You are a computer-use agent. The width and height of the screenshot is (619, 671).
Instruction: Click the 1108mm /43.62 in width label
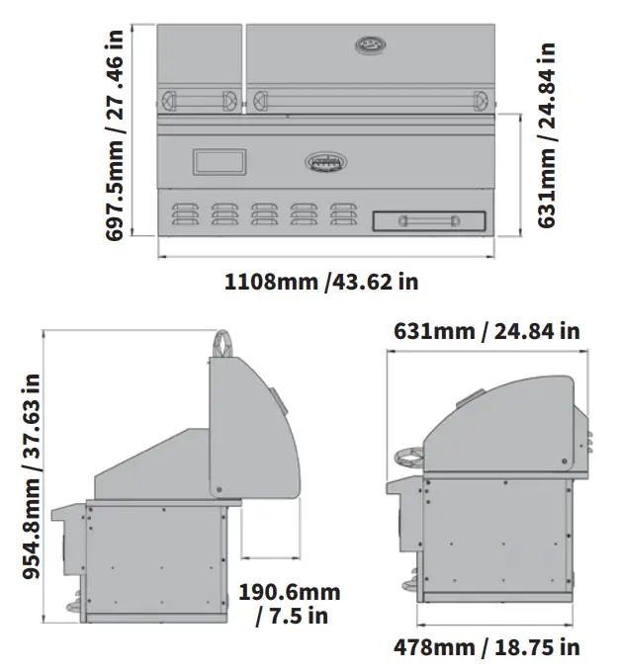pyautogui.click(x=320, y=282)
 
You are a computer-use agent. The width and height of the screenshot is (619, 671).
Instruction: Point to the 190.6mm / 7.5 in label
pyautogui.click(x=289, y=603)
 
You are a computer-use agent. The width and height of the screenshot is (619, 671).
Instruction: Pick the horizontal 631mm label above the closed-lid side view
pyautogui.click(x=486, y=330)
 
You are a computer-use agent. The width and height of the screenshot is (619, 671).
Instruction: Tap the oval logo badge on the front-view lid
pyautogui.click(x=370, y=45)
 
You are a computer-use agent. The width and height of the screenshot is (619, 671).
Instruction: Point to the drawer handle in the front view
pyautogui.click(x=429, y=220)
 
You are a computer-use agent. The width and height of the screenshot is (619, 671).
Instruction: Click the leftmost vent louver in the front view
pyautogui.click(x=184, y=214)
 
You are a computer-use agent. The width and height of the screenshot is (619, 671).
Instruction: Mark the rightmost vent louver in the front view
pyautogui.click(x=342, y=214)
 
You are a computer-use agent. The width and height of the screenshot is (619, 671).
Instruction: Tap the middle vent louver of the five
pyautogui.click(x=263, y=214)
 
